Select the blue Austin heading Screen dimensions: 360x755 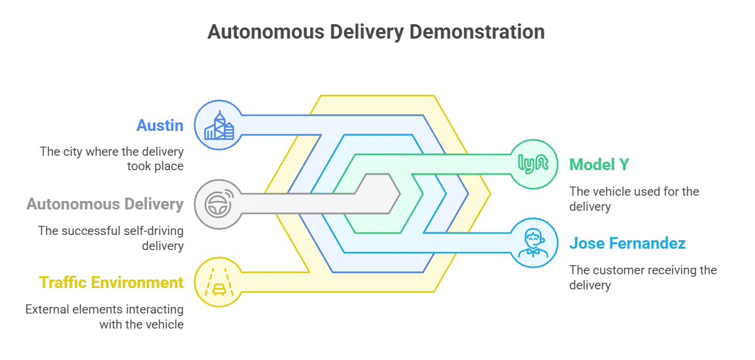pyautogui.click(x=160, y=125)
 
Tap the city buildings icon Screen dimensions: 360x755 pyautogui.click(x=219, y=124)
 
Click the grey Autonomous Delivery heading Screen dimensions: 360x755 pyautogui.click(x=105, y=204)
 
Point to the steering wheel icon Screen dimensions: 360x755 pyautogui.click(x=219, y=204)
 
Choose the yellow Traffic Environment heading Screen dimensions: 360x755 pyautogui.click(x=111, y=283)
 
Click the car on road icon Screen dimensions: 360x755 pyautogui.click(x=219, y=283)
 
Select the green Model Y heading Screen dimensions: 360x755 pyautogui.click(x=599, y=164)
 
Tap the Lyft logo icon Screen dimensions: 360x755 pyautogui.click(x=533, y=164)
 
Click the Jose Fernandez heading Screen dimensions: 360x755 pyautogui.click(x=627, y=243)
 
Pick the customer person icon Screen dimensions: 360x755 pyautogui.click(x=533, y=243)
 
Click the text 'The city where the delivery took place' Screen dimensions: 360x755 pyautogui.click(x=111, y=159)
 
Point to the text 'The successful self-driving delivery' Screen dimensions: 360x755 pyautogui.click(x=111, y=238)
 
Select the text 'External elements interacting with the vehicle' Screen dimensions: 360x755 pyautogui.click(x=105, y=317)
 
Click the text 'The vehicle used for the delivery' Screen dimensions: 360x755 pyautogui.click(x=633, y=199)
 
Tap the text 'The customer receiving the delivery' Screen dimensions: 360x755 pyautogui.click(x=642, y=278)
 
